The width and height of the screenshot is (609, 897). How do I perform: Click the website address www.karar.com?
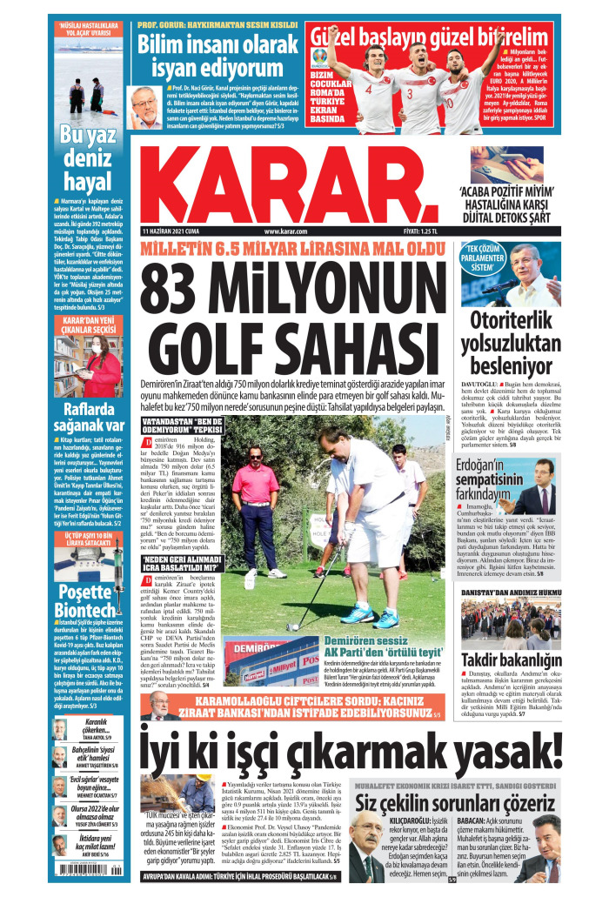[286, 231]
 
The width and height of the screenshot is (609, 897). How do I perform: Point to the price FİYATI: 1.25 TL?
[415, 231]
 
